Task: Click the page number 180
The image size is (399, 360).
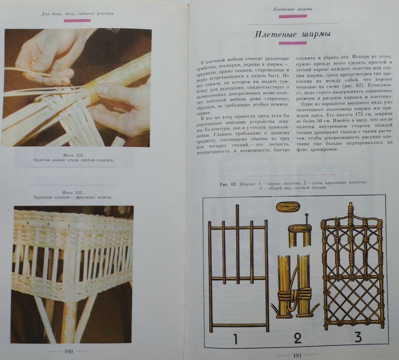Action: tap(69, 352)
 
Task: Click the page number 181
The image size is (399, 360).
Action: tap(297, 356)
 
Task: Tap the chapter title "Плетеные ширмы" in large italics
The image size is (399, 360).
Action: tap(292, 35)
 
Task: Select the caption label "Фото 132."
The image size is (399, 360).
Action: tap(73, 193)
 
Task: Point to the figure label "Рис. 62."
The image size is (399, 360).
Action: tap(228, 184)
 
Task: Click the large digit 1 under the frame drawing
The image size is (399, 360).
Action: tap(235, 338)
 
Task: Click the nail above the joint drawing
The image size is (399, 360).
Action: tap(307, 220)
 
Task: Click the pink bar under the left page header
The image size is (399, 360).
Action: tap(77, 21)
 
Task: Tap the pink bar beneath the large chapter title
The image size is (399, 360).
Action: tap(292, 43)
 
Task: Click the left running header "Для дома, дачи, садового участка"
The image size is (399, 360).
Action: tap(77, 14)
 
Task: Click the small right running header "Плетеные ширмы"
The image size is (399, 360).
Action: tap(292, 9)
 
